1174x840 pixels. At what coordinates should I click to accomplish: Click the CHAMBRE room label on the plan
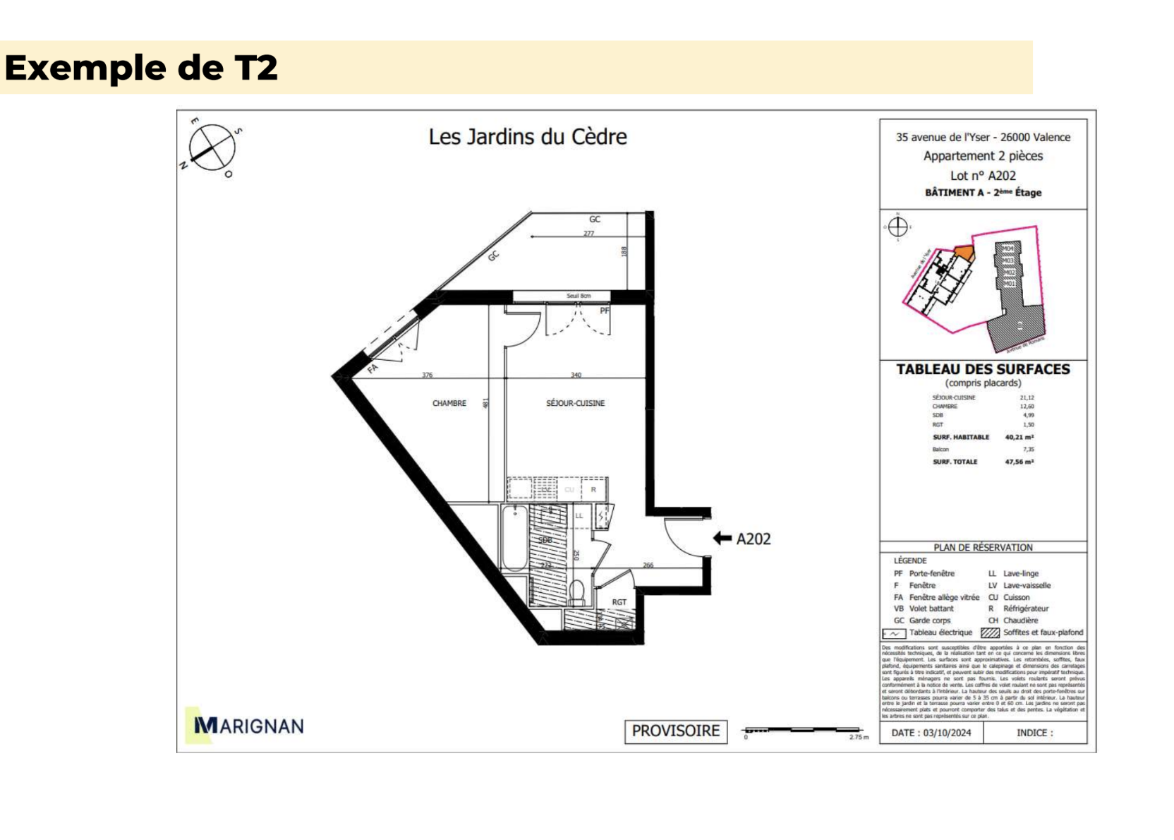coord(449,404)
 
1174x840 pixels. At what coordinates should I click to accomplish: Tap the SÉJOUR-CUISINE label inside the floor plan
coord(575,404)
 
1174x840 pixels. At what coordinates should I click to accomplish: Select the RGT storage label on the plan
coord(619,602)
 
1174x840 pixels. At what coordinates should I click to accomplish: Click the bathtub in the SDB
coord(514,538)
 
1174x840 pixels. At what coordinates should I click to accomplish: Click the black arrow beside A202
coord(722,539)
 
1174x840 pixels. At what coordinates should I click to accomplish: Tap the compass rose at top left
coord(212,148)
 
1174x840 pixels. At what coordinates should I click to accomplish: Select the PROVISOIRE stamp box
coord(675,731)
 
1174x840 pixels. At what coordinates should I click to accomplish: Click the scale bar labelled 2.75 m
coord(804,730)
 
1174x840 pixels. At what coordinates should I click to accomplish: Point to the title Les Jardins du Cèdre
coord(528,136)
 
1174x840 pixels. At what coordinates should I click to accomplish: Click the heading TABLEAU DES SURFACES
coord(983,369)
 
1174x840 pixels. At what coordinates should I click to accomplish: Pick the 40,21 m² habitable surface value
coord(1019,437)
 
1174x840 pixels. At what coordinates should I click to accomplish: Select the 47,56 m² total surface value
coord(1019,462)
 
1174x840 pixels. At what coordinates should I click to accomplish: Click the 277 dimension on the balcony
coord(588,233)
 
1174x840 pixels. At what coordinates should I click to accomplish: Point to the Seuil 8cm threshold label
coord(579,296)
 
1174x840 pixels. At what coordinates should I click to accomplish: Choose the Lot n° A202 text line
coord(983,176)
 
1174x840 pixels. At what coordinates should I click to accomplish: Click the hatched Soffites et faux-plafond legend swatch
coord(991,632)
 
